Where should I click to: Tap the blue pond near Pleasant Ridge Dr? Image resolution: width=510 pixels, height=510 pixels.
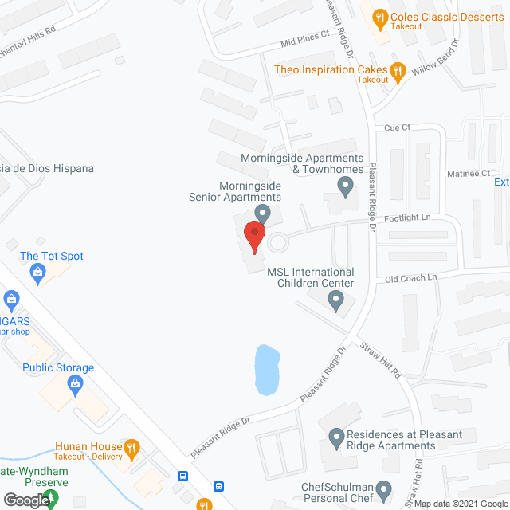click(x=266, y=370)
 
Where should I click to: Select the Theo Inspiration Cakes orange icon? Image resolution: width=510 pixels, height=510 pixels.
click(x=396, y=69)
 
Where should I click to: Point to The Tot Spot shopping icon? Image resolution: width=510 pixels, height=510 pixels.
click(x=37, y=273)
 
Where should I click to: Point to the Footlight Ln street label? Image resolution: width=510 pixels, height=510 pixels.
click(x=408, y=217)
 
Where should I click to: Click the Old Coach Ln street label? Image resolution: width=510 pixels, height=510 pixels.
click(x=411, y=277)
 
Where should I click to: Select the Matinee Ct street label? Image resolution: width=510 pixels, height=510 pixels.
click(x=469, y=173)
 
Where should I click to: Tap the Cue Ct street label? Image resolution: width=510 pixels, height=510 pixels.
click(x=396, y=127)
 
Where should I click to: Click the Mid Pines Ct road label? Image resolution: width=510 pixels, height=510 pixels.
click(x=304, y=36)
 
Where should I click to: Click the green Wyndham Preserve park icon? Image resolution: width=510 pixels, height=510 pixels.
click(x=50, y=499)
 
